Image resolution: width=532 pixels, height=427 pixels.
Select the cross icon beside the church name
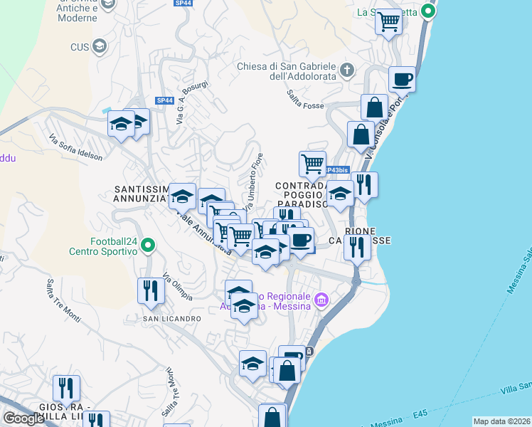[x=347, y=70]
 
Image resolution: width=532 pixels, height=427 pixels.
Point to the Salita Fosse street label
[x=304, y=104]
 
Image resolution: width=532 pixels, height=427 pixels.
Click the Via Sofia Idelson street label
[x=75, y=147]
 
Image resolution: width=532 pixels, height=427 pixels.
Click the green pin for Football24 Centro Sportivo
[x=148, y=246]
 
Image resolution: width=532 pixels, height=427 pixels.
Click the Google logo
[x=23, y=418]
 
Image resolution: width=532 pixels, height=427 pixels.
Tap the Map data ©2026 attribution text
[x=501, y=421]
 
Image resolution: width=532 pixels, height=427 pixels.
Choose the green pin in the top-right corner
[x=427, y=11]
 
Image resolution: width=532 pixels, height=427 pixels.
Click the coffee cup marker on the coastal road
[x=402, y=78]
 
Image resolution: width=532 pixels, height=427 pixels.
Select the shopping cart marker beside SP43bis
[x=312, y=164]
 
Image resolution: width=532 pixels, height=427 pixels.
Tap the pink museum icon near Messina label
[x=321, y=301]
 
